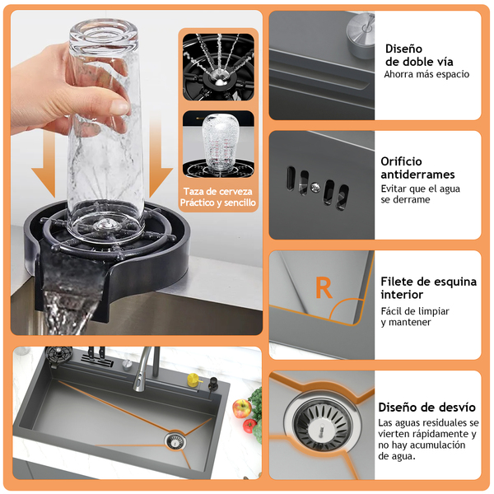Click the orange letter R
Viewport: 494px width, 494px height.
pos(324,287)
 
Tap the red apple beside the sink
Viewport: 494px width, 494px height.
pos(241,408)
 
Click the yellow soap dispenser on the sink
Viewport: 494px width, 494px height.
pos(193,379)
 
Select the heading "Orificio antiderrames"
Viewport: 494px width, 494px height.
pos(417,168)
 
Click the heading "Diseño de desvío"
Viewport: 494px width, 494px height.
pos(426,407)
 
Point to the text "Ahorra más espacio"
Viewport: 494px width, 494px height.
pos(426,74)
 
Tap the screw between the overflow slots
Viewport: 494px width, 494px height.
pos(315,188)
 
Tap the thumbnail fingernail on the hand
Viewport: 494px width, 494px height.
pos(121,107)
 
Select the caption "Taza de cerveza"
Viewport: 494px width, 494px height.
pos(218,191)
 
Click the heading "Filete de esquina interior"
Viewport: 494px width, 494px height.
pos(428,287)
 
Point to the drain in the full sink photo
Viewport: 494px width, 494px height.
pos(175,441)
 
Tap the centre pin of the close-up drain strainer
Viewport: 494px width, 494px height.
pos(322,428)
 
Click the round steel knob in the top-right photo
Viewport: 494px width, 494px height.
pos(361,34)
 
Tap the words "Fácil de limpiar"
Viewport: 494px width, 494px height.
pos(415,311)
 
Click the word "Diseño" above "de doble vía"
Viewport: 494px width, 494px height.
pos(403,49)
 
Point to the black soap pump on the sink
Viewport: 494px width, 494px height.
pos(213,384)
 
